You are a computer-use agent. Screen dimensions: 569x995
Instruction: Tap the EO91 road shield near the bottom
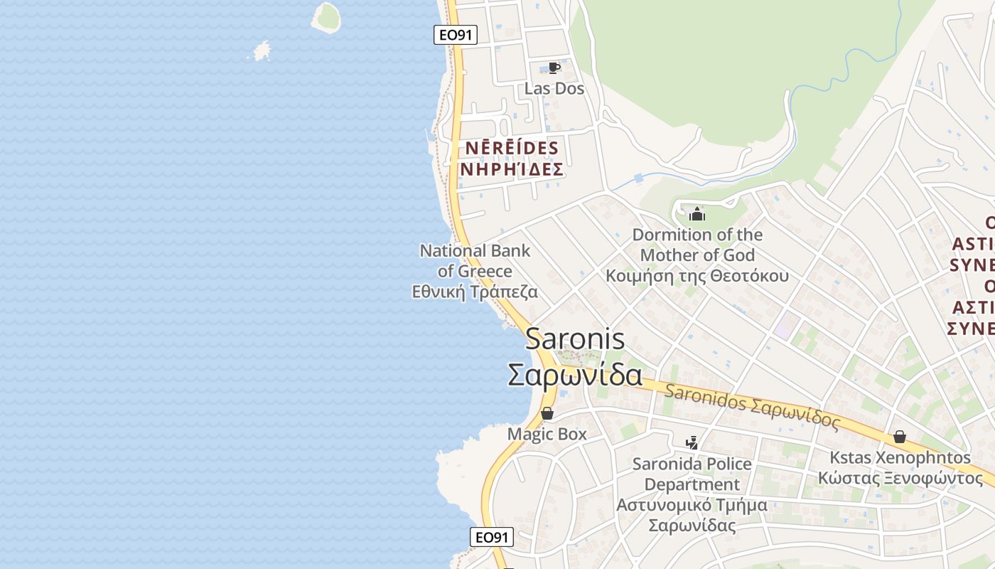click(x=492, y=537)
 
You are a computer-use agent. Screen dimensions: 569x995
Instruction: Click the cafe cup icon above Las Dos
click(x=554, y=68)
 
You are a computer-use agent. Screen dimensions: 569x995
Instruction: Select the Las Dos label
click(x=554, y=88)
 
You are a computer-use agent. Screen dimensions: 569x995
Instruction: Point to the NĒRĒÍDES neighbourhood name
click(x=512, y=148)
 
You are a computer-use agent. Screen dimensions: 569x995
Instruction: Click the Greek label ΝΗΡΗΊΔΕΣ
click(x=512, y=169)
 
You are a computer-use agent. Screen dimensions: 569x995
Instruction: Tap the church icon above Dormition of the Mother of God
click(x=697, y=213)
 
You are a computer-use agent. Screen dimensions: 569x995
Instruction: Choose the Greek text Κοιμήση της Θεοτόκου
click(x=697, y=275)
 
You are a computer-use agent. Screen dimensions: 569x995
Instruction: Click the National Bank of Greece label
click(x=475, y=260)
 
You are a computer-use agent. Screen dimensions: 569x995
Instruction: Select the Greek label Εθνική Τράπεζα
click(x=475, y=292)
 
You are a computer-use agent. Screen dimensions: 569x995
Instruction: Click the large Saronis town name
click(x=575, y=339)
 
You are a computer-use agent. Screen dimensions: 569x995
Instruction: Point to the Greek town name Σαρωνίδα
click(x=575, y=375)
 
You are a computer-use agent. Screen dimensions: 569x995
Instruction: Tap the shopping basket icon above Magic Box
click(x=547, y=413)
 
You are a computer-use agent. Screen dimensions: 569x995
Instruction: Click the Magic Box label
click(x=547, y=433)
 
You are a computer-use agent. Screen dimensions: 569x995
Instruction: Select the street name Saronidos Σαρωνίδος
click(x=752, y=405)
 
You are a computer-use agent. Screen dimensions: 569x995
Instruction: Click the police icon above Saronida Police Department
click(x=692, y=443)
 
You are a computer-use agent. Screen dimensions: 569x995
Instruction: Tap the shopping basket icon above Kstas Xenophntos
click(x=900, y=437)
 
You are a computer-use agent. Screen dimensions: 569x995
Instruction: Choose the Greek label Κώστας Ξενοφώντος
click(x=900, y=477)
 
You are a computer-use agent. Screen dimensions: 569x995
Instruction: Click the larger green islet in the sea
click(x=326, y=17)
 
